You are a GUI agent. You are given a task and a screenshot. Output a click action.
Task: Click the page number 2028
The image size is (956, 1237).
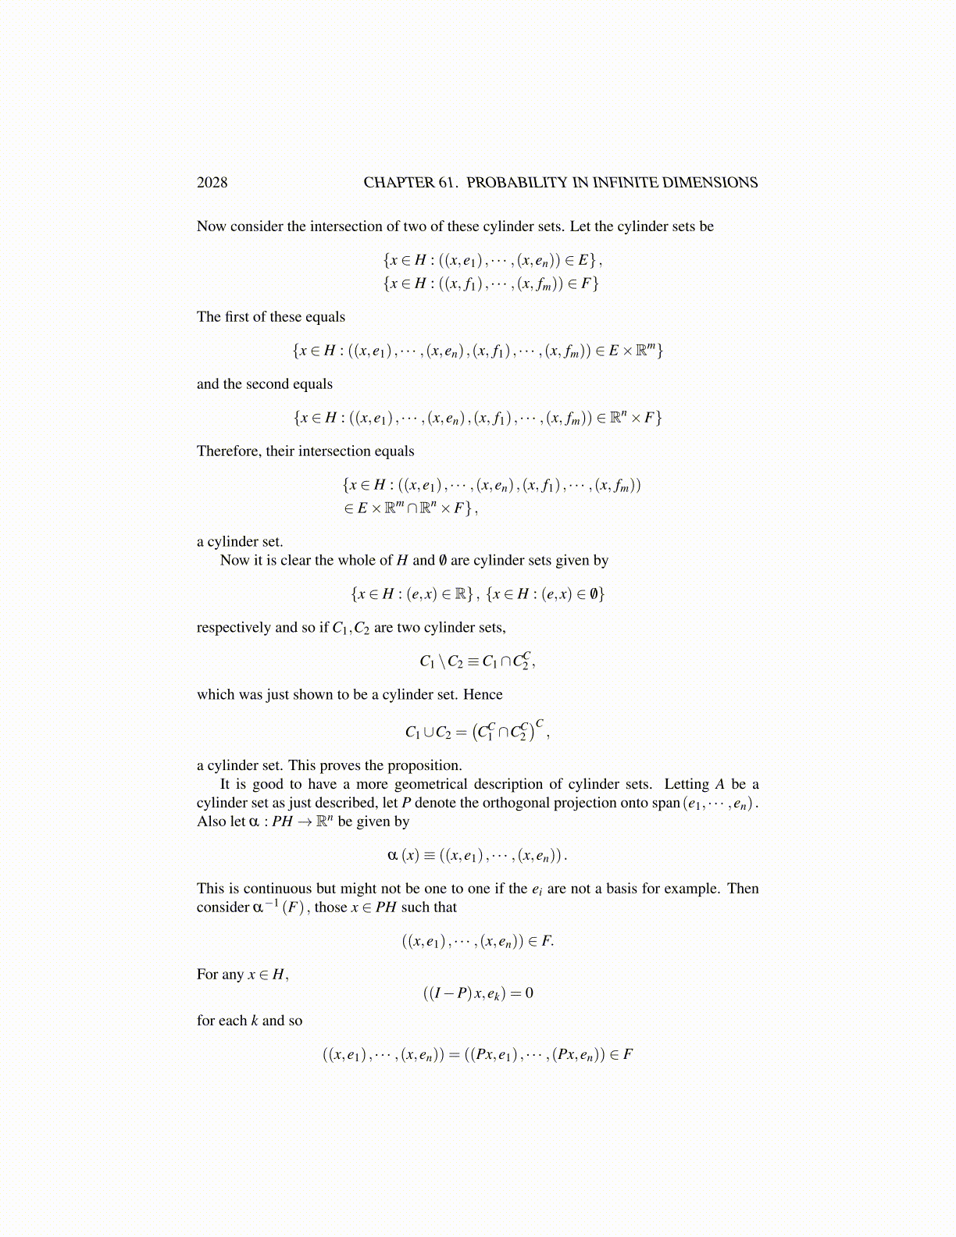tap(212, 183)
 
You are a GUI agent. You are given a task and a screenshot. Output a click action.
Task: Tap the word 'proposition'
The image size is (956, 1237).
tap(423, 765)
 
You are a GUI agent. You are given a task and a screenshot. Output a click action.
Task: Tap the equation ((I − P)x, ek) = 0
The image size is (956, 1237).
tap(478, 993)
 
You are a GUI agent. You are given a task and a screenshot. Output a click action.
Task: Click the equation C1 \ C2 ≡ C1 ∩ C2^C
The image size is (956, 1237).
tap(477, 661)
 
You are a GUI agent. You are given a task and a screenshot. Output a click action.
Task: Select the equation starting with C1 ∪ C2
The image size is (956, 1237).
tap(477, 731)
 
